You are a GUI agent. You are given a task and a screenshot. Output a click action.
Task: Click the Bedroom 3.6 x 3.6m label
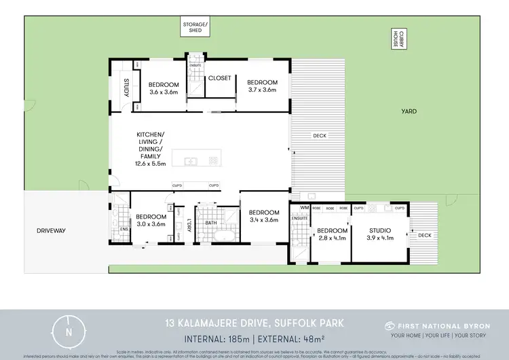coord(162,88)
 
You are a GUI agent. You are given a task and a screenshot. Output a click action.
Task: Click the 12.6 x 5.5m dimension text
coord(151,163)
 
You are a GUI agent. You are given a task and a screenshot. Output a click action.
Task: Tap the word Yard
coord(409,111)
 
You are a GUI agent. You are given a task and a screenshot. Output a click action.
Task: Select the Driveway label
coord(52,231)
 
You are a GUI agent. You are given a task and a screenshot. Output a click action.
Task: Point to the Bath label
coord(210,222)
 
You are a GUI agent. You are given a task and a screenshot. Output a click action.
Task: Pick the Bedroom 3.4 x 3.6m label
coord(263,215)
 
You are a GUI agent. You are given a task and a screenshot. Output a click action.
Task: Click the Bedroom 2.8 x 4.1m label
coord(331,234)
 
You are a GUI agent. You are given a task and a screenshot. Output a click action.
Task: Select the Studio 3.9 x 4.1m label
coord(377,234)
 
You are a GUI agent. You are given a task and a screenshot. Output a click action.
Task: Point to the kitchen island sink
coord(191,161)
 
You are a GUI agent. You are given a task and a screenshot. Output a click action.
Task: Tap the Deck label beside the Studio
coord(424,235)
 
